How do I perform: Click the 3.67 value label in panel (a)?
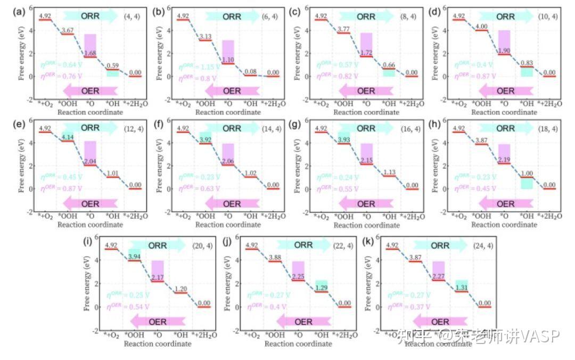tap(68, 31)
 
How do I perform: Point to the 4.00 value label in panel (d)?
tap(481, 27)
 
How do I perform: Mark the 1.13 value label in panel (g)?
tap(389, 173)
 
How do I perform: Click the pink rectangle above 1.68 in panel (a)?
tap(90, 43)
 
